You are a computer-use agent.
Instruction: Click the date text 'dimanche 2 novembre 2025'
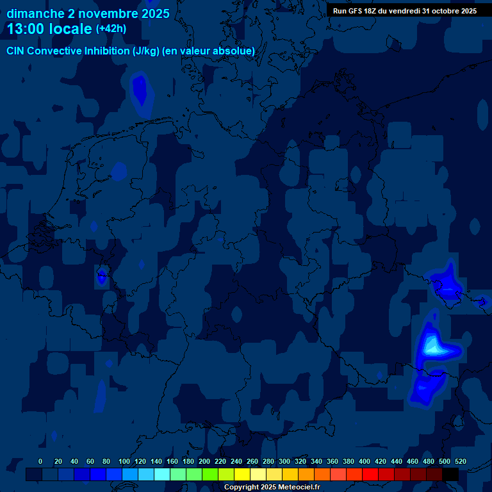(x=88, y=13)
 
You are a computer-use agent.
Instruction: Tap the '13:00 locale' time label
(x=49, y=29)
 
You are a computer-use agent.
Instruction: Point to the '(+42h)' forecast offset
(x=111, y=29)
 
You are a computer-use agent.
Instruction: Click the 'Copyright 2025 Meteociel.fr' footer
(x=272, y=488)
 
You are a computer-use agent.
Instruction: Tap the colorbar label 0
(x=40, y=461)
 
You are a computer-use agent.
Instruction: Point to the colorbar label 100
(x=124, y=461)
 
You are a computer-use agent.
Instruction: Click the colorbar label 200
(x=204, y=461)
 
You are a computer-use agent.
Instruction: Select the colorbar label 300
(x=284, y=461)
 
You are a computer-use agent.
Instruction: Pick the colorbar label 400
(x=365, y=461)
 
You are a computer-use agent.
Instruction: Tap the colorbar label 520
(x=460, y=461)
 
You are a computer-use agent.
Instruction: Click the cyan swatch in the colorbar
(x=162, y=475)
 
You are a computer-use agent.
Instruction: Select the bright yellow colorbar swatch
(x=242, y=475)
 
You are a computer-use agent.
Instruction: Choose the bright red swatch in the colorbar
(x=370, y=475)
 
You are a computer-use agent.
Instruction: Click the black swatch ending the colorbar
(x=450, y=475)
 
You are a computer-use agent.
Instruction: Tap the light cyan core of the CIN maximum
(x=432, y=347)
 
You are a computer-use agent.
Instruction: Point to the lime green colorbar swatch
(x=210, y=475)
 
